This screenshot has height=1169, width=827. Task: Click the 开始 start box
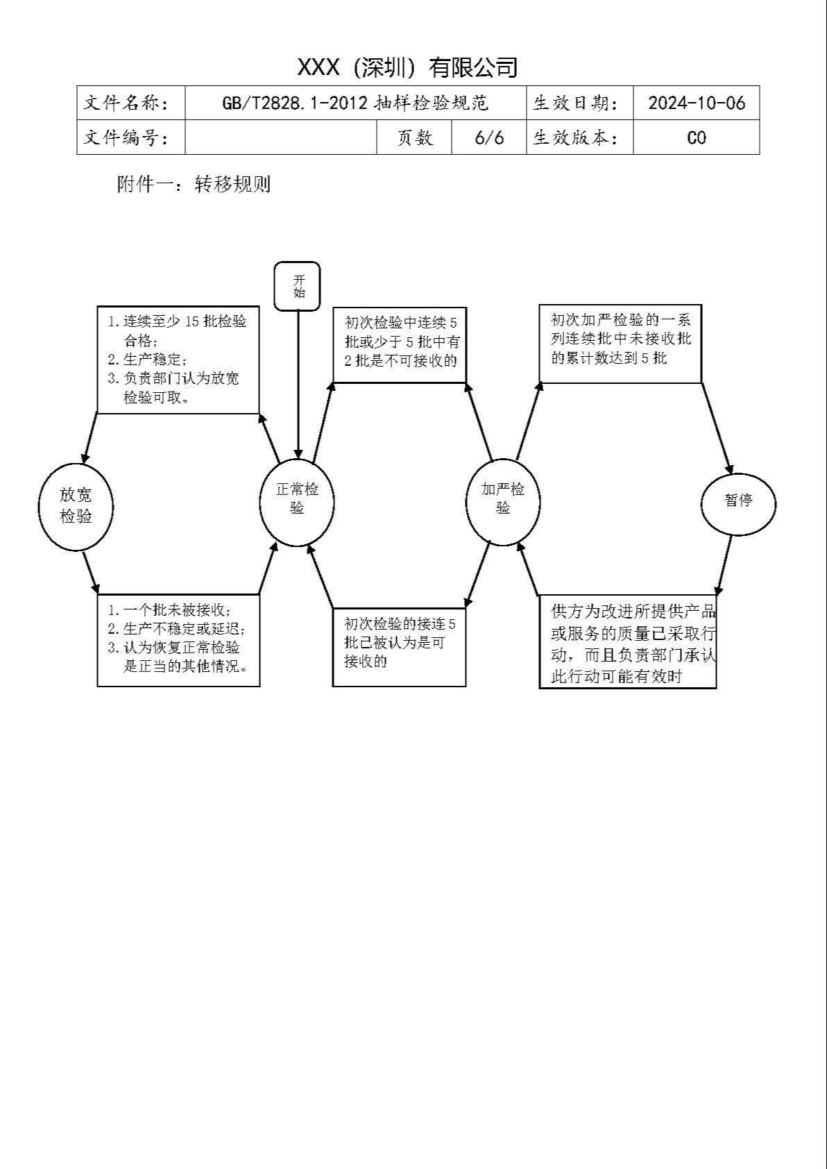pos(297,287)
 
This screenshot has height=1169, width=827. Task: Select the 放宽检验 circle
pos(76,507)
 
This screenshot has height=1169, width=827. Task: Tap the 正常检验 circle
pos(297,503)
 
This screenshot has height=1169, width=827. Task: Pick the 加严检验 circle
pos(503,503)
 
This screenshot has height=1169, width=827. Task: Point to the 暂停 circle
pos(738,504)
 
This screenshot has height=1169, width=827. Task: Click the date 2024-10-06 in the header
pos(697,103)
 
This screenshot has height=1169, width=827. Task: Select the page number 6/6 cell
pos(489,137)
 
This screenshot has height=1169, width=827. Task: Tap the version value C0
pos(697,137)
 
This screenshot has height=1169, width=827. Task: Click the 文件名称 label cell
pos(131,103)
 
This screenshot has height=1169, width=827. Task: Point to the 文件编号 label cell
pos(131,137)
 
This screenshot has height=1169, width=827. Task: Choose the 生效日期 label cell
pos(580,103)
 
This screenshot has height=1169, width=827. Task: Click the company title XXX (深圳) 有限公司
pos(407,67)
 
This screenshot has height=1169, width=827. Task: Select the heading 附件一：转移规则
pos(194,184)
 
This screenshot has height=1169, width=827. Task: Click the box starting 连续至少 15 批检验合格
pos(178,360)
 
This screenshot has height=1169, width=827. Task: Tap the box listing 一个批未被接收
pos(178,640)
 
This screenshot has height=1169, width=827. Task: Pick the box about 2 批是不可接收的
pos(400,345)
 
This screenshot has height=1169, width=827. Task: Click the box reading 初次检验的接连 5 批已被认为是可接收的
pos(400,647)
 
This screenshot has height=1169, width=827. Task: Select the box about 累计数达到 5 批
pos(620,344)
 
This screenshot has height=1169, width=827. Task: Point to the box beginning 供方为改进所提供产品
pos(628,641)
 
